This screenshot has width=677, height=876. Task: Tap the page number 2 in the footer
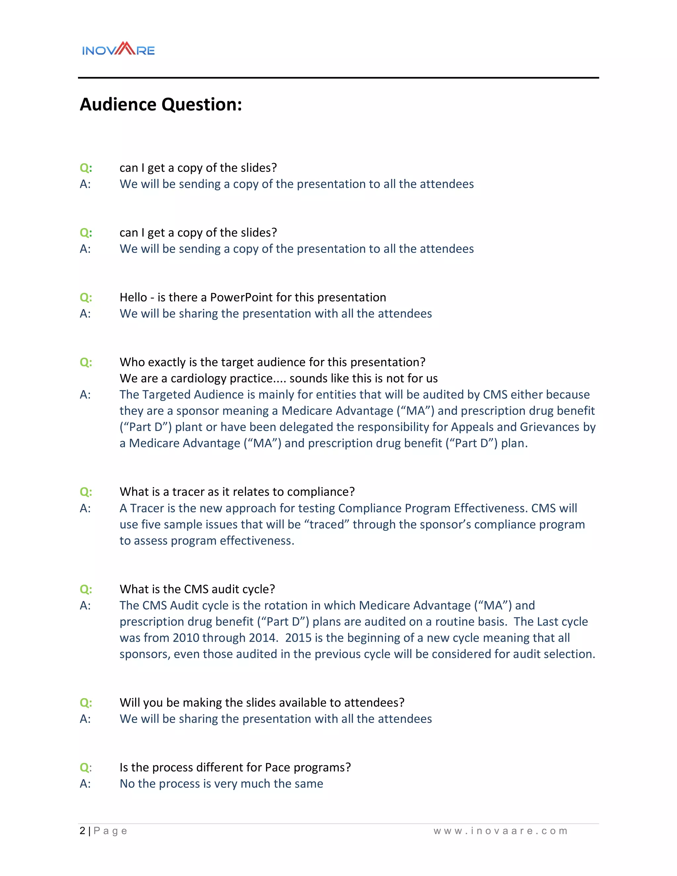82,831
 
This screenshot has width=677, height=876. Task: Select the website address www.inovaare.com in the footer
500,831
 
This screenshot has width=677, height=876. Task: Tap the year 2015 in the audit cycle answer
299,638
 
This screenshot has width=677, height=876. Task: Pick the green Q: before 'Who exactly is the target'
86,362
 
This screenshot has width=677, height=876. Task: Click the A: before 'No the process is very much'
85,783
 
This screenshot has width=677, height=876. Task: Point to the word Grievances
549,427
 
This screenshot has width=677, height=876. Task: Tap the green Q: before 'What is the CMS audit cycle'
86,589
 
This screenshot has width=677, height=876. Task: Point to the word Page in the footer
110,831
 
